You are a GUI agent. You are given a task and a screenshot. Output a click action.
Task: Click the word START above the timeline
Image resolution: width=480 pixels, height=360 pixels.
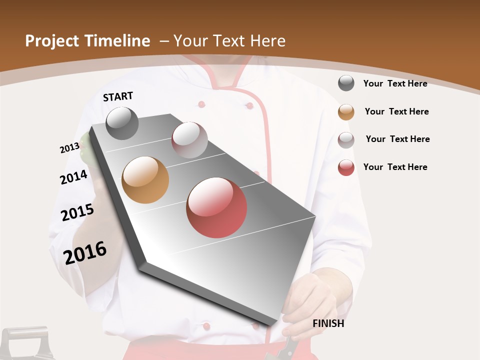point(118,96)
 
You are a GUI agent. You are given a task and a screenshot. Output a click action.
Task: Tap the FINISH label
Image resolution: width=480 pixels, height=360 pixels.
point(328,323)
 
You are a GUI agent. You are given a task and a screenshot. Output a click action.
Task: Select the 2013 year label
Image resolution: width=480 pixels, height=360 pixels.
point(69,148)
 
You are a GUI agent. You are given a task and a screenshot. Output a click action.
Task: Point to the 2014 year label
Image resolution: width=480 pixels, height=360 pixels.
point(73,177)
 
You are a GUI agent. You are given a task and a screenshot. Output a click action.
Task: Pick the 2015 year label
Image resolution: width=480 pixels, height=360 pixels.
point(77,212)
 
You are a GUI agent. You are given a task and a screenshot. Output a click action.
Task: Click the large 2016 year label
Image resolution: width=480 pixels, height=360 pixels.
point(85,252)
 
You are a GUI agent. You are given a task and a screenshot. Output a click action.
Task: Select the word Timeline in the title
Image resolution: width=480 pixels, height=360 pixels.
point(117,41)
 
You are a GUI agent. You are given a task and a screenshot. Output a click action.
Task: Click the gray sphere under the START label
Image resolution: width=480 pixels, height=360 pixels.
point(122,123)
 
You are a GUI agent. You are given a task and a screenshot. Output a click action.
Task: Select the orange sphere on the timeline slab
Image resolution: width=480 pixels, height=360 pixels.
point(145,180)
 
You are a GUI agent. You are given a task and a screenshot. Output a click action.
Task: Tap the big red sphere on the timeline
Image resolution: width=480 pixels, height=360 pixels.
point(216,207)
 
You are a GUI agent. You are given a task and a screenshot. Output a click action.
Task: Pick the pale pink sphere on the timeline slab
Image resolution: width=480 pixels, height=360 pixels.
point(189,140)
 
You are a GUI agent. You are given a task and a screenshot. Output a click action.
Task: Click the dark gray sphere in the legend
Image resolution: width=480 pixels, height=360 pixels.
point(346,83)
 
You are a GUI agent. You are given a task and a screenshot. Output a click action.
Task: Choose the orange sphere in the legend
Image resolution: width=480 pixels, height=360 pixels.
point(346,112)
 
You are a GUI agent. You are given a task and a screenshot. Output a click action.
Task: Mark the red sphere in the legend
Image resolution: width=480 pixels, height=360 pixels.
point(346,167)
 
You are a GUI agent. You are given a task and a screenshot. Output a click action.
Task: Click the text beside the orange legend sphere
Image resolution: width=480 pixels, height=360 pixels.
point(396,111)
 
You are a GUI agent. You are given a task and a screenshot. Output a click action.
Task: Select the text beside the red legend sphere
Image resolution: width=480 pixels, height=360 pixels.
point(395,167)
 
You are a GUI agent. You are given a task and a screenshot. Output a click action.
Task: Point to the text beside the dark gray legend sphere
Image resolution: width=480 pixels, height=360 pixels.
point(395,83)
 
